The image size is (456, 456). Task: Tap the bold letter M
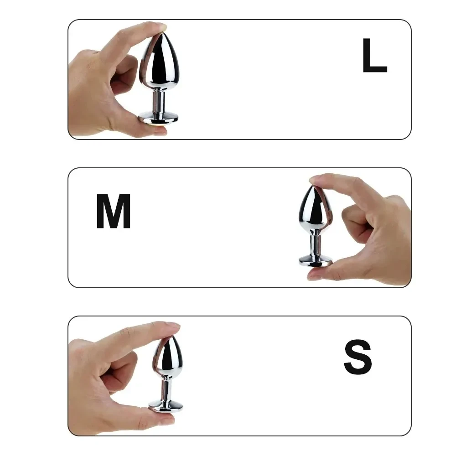[114, 212]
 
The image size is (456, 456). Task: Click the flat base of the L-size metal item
[159, 117]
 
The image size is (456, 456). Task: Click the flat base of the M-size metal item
[316, 261]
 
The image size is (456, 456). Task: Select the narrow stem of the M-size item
[316, 244]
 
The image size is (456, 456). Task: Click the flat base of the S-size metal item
[166, 404]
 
